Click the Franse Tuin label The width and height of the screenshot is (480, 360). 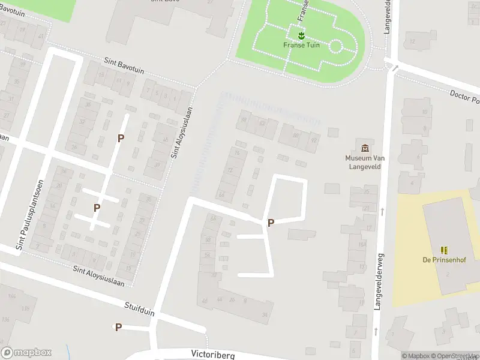301,45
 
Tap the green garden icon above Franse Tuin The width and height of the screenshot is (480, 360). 301,35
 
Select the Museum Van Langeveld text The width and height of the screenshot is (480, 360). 365,162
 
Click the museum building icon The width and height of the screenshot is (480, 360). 365,148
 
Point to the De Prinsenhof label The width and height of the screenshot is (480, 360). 444,259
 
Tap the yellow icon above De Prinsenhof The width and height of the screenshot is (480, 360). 444,250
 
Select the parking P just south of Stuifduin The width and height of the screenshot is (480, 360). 118,327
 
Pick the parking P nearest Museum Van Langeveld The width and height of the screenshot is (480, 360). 271,223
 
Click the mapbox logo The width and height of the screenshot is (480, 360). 26,353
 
